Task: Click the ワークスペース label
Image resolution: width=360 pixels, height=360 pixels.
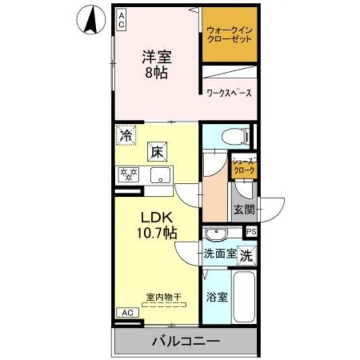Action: pyautogui.click(x=228, y=93)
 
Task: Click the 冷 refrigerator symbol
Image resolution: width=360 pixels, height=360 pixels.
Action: pyautogui.click(x=127, y=135)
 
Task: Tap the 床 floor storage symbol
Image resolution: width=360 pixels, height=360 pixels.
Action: pyautogui.click(x=156, y=150)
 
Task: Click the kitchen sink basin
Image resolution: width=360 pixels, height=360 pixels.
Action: pyautogui.click(x=161, y=175)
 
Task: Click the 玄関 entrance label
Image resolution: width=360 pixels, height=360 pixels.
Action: pyautogui.click(x=244, y=210)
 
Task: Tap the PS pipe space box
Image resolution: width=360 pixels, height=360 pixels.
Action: pyautogui.click(x=250, y=231)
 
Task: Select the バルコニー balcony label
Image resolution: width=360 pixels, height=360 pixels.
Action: pyautogui.click(x=185, y=341)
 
